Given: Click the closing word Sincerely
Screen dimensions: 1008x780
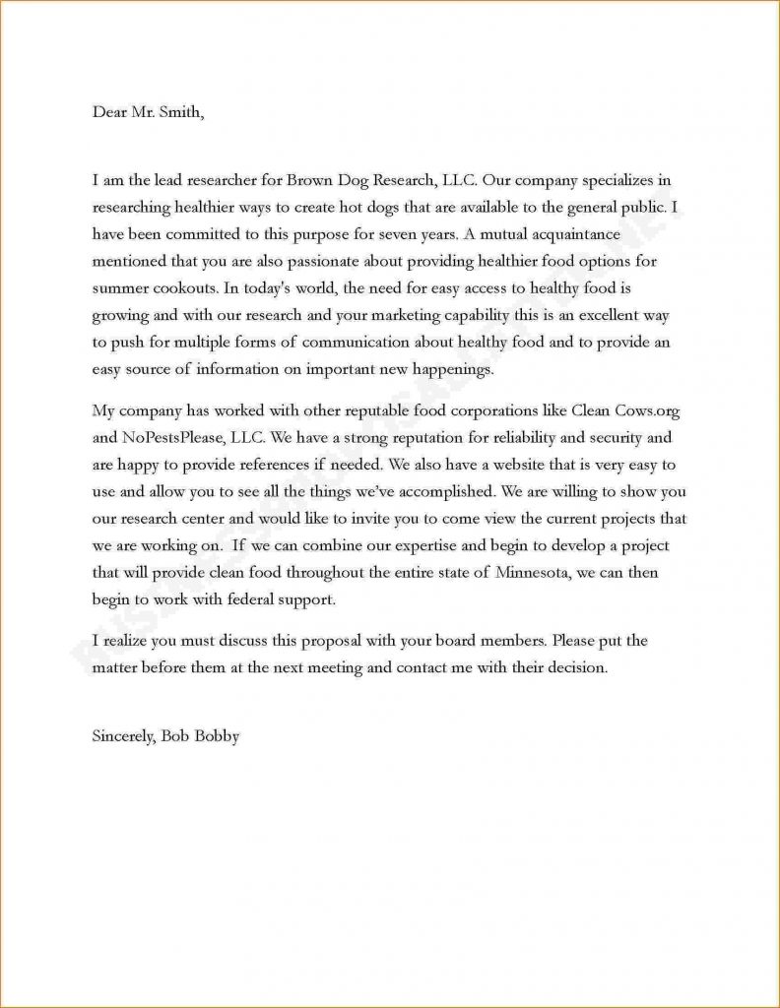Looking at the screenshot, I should point(122,735).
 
